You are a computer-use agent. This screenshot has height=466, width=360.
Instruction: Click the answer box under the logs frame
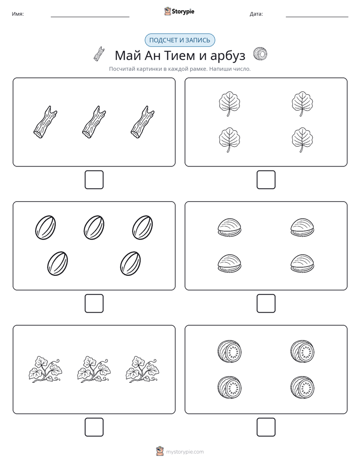[94, 180]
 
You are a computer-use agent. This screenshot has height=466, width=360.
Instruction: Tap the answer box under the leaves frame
[266, 180]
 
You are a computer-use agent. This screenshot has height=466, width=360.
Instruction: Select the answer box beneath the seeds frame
[94, 303]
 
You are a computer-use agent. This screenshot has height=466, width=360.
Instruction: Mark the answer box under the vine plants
[94, 427]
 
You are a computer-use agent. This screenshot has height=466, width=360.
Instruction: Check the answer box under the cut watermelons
[266, 427]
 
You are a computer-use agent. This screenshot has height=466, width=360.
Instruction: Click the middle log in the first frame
[94, 122]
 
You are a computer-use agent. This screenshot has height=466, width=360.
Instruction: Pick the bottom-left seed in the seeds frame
[57, 263]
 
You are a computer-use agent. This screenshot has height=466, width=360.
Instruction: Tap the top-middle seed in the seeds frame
[94, 227]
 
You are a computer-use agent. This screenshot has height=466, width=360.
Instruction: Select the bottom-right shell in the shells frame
[302, 263]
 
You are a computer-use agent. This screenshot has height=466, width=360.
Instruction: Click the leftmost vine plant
[45, 369]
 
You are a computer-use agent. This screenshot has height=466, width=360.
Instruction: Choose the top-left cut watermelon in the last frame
[229, 352]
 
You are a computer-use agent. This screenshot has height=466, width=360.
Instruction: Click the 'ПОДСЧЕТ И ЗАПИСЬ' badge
[179, 40]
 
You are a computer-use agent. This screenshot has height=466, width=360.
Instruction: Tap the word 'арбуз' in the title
[227, 55]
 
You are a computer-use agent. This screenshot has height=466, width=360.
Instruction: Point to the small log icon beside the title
[99, 54]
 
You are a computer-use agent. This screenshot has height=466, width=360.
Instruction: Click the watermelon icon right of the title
[260, 54]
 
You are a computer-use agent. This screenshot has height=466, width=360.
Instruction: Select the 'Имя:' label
[18, 14]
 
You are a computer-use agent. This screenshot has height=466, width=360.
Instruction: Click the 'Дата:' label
[256, 14]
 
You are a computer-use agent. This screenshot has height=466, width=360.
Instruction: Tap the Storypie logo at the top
[179, 11]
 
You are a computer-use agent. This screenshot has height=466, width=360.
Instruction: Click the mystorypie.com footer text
[185, 452]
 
